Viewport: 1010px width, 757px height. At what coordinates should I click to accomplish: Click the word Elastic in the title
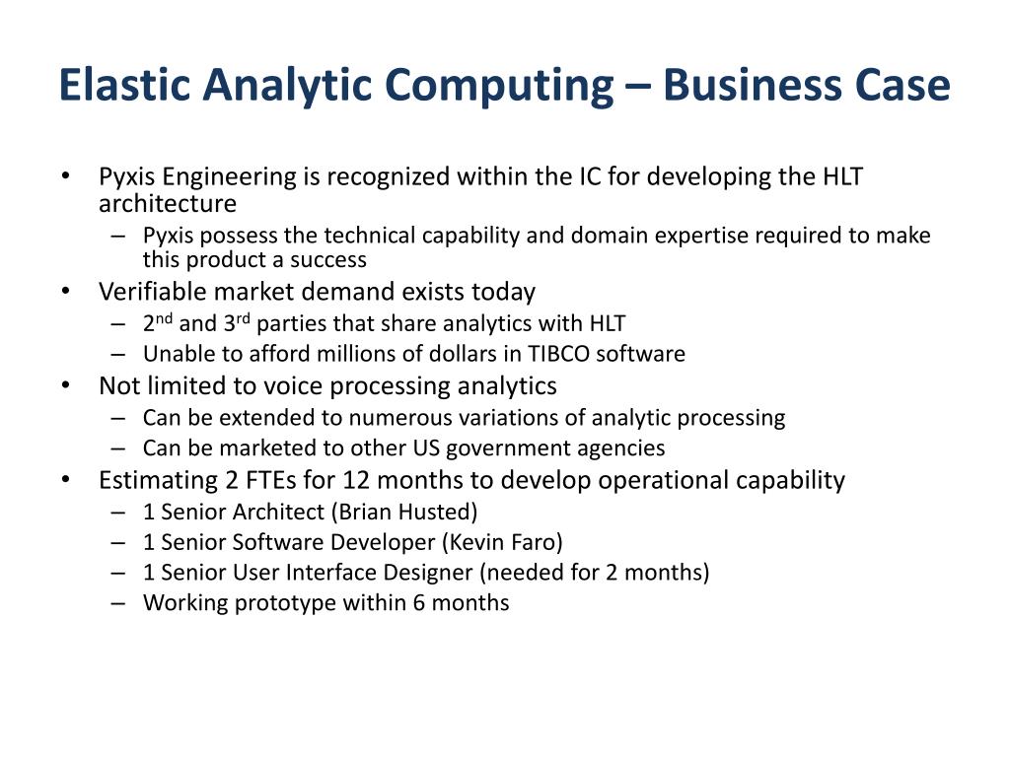click(x=125, y=85)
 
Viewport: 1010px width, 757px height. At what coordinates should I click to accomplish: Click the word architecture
click(x=168, y=203)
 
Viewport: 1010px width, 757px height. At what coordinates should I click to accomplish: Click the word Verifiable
click(x=152, y=292)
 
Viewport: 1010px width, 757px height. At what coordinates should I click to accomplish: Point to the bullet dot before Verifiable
click(x=65, y=292)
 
